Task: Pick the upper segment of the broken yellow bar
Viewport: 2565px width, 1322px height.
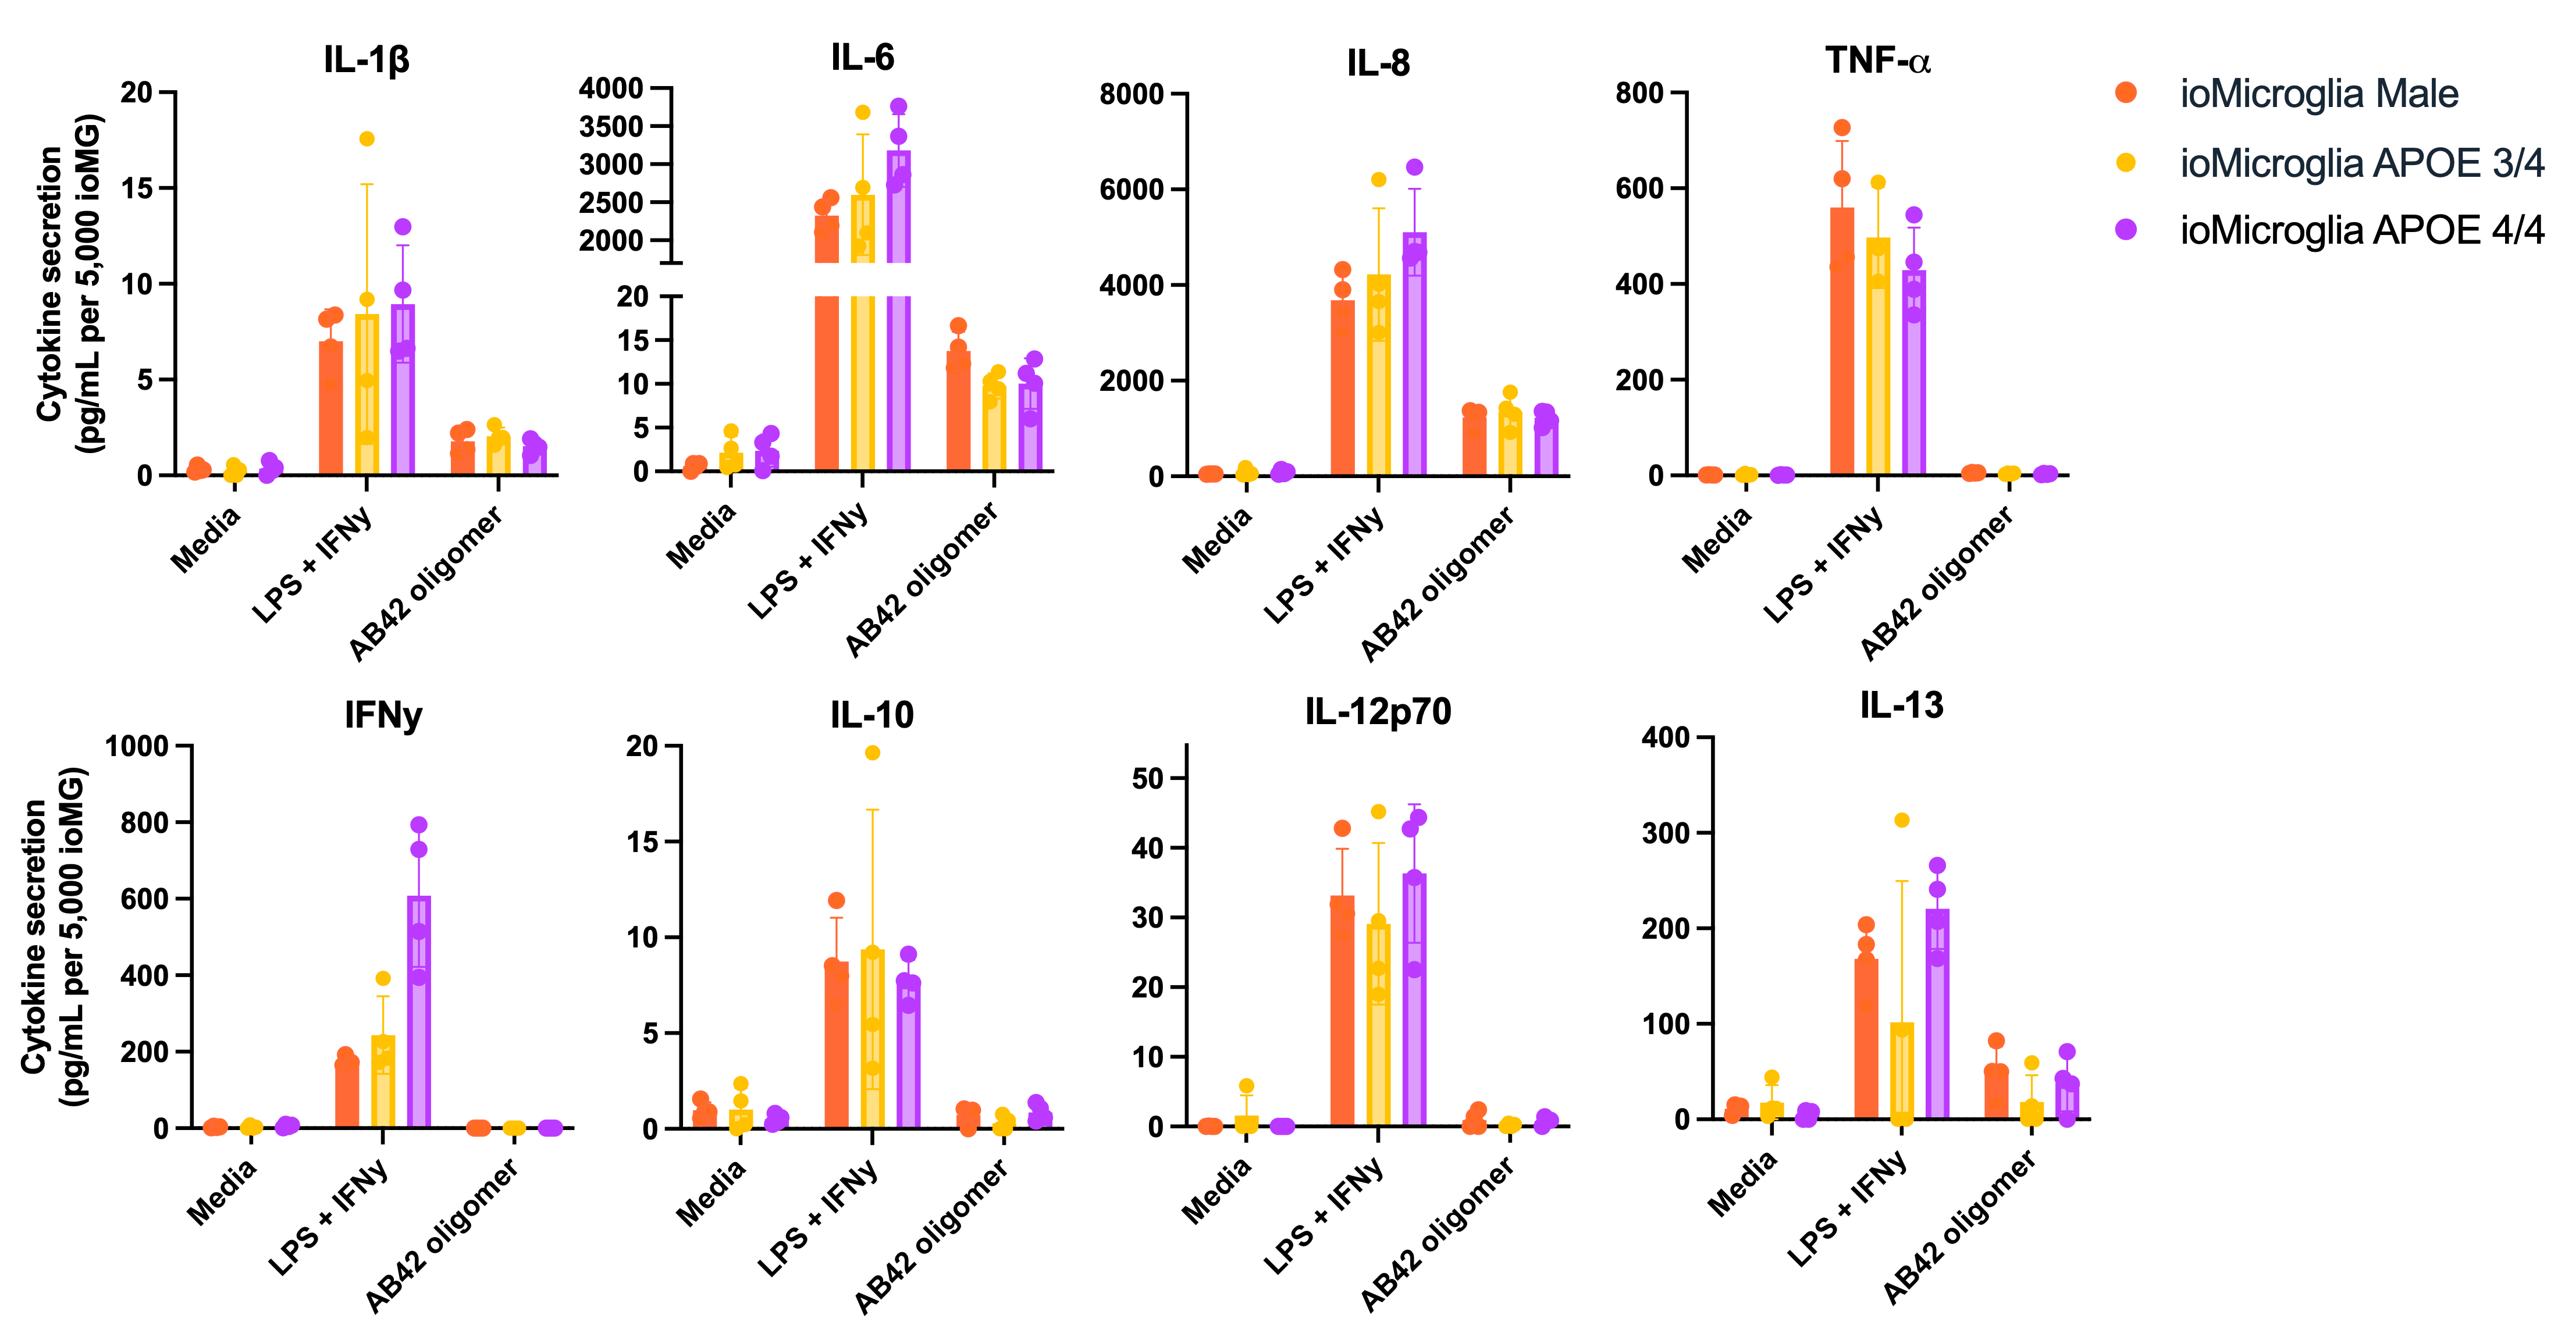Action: pyautogui.click(x=862, y=229)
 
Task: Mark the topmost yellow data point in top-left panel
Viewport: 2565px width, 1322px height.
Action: pyautogui.click(x=367, y=138)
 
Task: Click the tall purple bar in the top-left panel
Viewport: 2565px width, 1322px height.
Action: pyautogui.click(x=402, y=389)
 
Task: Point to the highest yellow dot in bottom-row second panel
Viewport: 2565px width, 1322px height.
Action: pyautogui.click(x=872, y=753)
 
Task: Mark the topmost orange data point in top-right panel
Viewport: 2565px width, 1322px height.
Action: pyautogui.click(x=1842, y=127)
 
